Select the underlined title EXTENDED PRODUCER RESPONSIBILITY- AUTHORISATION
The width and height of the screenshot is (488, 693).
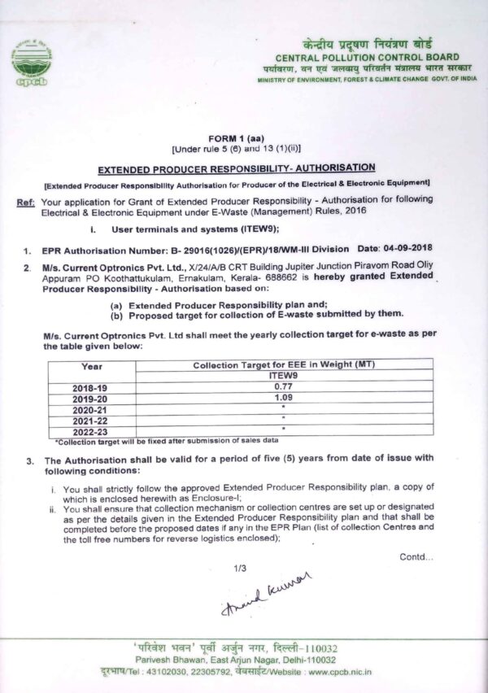[236, 168]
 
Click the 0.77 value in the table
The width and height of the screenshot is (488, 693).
[282, 388]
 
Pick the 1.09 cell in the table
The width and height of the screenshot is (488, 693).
[282, 399]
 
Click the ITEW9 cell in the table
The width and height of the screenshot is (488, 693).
[282, 377]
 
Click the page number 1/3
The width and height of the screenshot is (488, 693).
[238, 568]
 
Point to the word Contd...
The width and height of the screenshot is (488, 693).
[416, 556]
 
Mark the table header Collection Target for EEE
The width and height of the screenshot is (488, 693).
[282, 366]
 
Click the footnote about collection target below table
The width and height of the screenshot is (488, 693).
[150, 442]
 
